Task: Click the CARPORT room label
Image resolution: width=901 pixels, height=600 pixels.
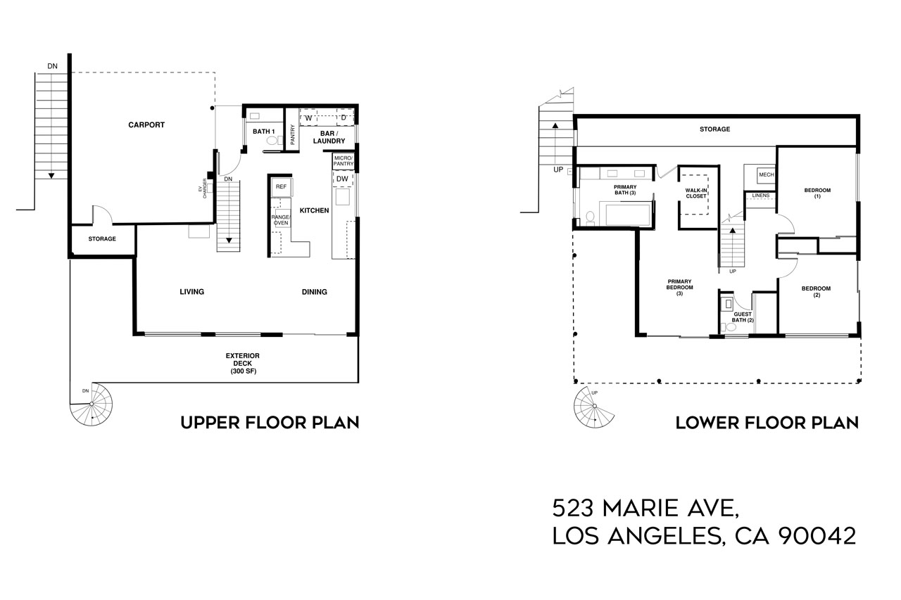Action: coord(146,125)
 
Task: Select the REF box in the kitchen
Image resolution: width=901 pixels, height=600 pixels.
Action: coord(281,186)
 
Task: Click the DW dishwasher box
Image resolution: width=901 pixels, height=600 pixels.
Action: coord(342,179)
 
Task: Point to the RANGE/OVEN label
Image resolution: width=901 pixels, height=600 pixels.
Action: coord(281,219)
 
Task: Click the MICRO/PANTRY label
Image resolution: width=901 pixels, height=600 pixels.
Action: coord(343,160)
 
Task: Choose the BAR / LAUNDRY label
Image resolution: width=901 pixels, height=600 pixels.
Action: coord(329,137)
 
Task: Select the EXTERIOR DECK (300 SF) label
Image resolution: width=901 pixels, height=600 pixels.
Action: coord(242,363)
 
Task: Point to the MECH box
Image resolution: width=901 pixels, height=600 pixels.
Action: coord(767,174)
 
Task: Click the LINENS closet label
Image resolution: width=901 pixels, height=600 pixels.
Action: coord(761,195)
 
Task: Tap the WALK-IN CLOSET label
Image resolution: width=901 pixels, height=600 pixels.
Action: coord(696,193)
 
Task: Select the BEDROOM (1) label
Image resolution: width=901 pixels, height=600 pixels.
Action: coord(817,193)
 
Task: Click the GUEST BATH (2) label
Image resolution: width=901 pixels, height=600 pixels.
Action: coord(742,317)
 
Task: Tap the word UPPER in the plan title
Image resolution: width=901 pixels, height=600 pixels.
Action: coord(209,423)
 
